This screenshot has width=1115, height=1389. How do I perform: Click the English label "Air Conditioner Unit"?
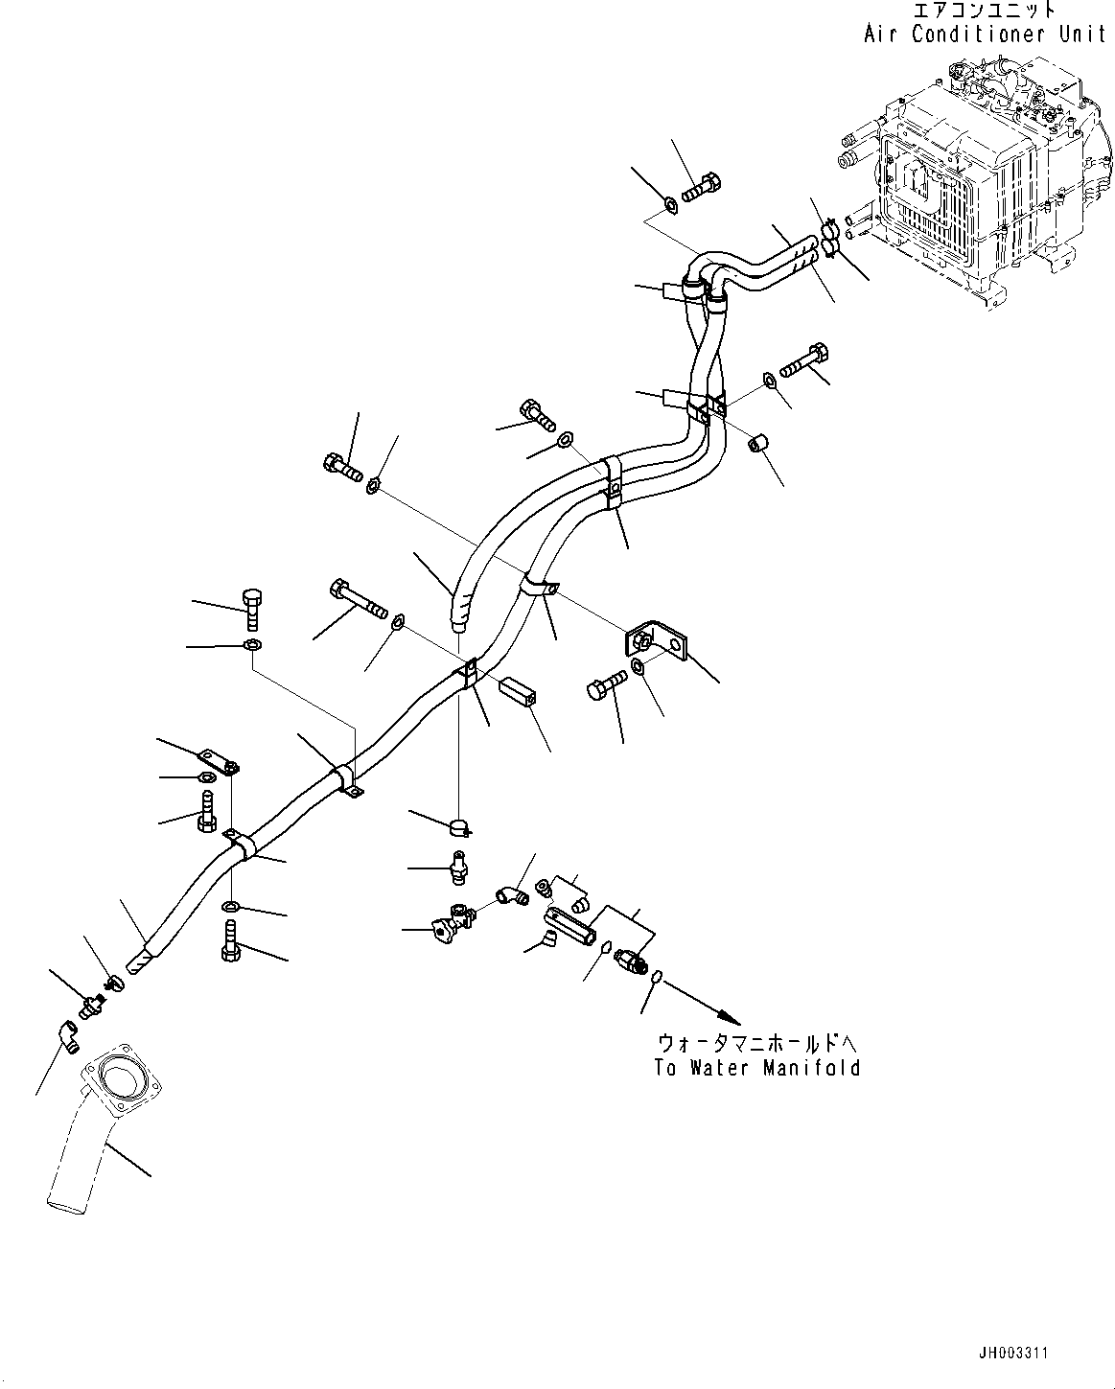click(985, 35)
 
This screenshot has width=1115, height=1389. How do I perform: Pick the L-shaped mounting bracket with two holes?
click(661, 640)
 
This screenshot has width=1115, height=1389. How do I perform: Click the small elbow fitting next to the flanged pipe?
click(67, 1035)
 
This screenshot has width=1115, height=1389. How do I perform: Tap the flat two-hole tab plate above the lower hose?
click(220, 763)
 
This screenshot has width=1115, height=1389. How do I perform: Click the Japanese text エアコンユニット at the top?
click(986, 11)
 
